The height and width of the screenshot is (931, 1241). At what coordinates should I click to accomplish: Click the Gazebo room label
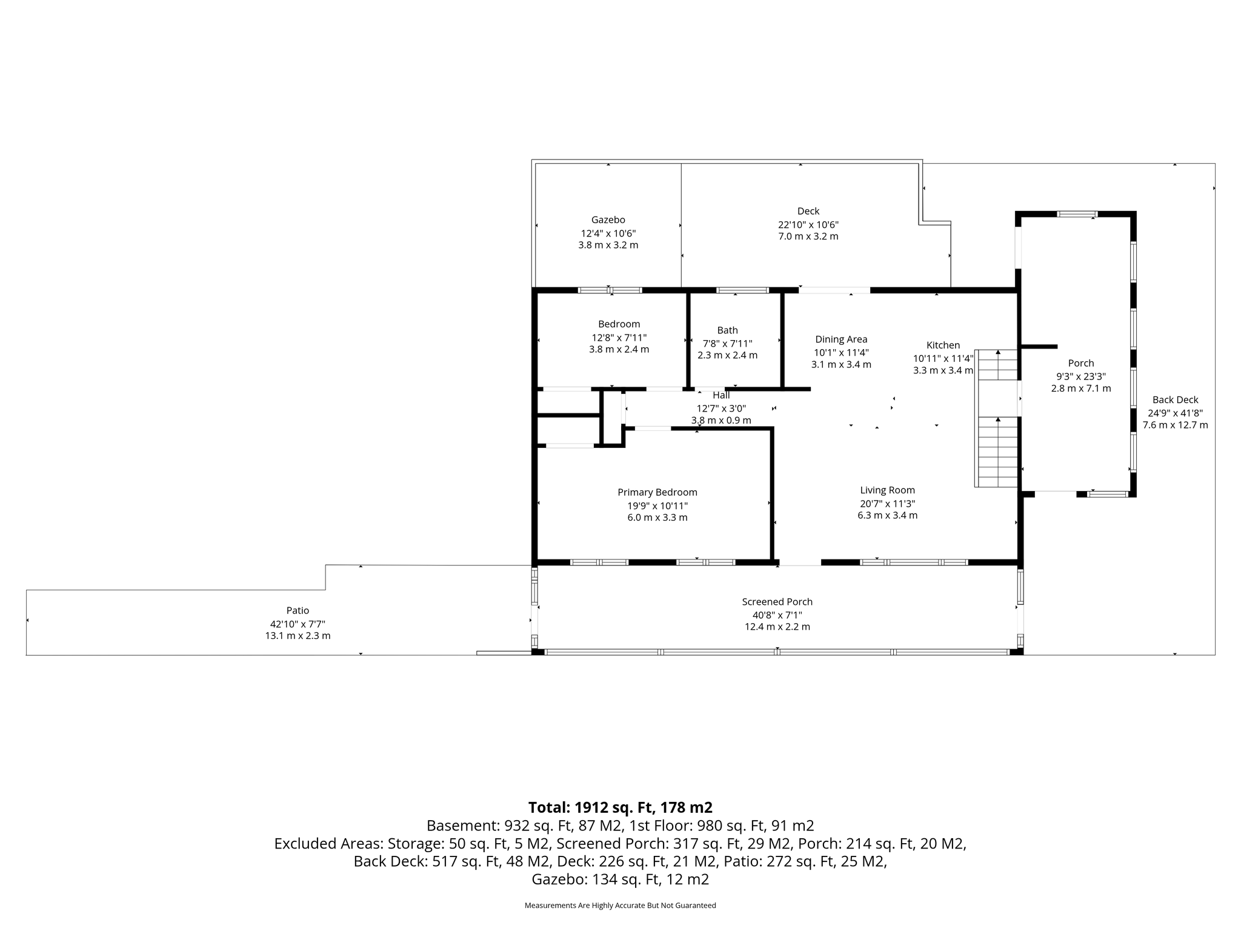pos(608,220)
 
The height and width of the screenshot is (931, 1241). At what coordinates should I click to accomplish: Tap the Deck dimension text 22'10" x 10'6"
pos(808,224)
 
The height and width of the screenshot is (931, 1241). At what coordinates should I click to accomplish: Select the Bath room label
pos(727,330)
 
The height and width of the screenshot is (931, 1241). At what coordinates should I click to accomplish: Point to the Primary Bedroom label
pos(657,493)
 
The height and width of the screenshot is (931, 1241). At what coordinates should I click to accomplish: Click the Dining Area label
pos(841,339)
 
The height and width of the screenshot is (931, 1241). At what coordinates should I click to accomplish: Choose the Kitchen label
pos(943,345)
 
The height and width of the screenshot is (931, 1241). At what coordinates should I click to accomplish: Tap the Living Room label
pos(888,490)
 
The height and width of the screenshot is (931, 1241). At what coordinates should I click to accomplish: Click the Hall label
pos(721,395)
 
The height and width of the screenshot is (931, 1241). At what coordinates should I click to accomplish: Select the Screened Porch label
pos(777,602)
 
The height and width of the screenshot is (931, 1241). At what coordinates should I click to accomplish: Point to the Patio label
pos(298,611)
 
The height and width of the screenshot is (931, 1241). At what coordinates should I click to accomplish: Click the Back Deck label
pos(1176,400)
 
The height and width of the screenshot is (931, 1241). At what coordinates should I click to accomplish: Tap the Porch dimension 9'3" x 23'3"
pos(1081,376)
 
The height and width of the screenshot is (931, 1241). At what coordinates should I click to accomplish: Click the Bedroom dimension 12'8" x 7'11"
pos(619,338)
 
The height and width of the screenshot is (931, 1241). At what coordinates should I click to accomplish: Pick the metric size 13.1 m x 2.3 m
pos(298,636)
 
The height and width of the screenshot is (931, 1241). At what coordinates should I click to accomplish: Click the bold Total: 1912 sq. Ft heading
pos(620,807)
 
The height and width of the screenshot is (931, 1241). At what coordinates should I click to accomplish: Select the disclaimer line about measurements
pos(620,906)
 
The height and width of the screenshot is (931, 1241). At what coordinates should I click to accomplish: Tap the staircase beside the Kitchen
pos(996,418)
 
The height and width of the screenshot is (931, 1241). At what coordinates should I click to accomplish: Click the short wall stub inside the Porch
pos(1039,347)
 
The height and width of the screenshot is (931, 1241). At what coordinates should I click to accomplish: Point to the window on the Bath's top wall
pos(742,290)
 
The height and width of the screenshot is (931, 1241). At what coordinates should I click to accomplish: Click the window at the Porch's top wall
pos(1077,214)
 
